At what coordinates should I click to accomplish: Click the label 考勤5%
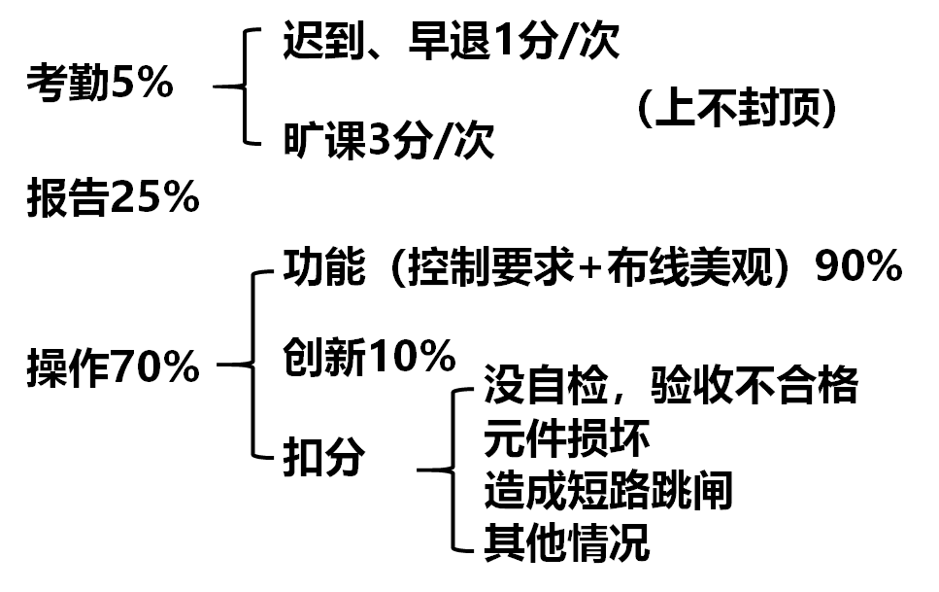pyautogui.click(x=100, y=86)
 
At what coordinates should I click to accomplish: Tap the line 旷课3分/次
pyautogui.click(x=388, y=141)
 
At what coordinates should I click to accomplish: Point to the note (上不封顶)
pyautogui.click(x=737, y=110)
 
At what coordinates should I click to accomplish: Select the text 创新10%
pyautogui.click(x=369, y=359)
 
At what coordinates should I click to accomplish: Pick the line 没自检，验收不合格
pyautogui.click(x=670, y=386)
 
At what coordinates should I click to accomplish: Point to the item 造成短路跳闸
pyautogui.click(x=607, y=492)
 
